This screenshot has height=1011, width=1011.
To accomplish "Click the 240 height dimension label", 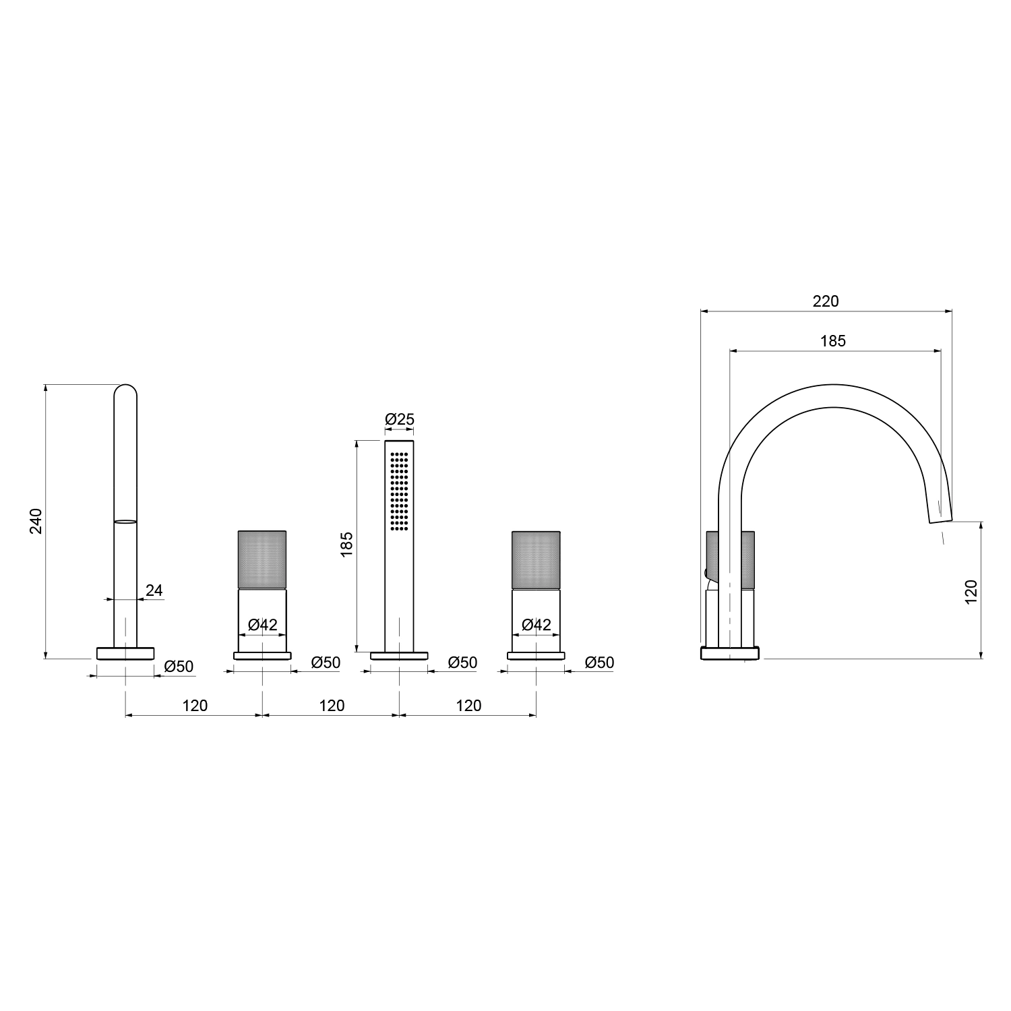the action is click(36, 521).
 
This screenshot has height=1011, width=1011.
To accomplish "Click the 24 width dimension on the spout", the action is click(154, 590).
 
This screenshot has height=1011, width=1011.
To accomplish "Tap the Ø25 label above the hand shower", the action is click(400, 419).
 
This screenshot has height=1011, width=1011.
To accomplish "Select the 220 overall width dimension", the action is click(826, 301).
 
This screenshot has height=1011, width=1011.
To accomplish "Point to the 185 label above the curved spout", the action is click(833, 341).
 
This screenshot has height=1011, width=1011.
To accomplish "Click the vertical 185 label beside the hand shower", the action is click(347, 545).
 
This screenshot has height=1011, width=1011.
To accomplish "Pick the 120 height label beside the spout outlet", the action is click(971, 591).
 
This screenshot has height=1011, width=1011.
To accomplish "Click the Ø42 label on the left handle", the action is click(263, 625).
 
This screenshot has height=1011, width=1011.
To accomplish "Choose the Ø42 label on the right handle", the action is click(537, 625).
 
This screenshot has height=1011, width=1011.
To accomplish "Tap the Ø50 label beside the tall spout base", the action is click(179, 667).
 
